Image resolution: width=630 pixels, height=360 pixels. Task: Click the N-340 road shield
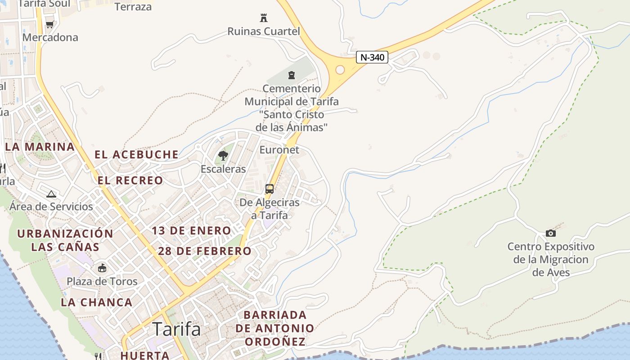click(x=372, y=57)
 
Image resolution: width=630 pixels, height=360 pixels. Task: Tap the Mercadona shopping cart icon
click(x=49, y=24)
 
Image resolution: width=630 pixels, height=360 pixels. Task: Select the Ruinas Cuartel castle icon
click(x=264, y=18)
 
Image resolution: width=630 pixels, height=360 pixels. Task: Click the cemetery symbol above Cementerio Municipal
click(x=292, y=75)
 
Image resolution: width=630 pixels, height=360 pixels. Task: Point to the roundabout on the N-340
click(x=340, y=70)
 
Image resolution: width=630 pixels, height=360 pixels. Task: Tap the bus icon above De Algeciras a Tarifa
click(x=269, y=189)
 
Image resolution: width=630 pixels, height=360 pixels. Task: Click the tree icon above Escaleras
click(x=223, y=156)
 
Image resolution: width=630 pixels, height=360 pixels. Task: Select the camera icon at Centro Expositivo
click(x=550, y=233)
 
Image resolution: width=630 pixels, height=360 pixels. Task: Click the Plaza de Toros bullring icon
click(x=102, y=268)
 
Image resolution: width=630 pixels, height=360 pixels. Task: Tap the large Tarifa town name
click(x=176, y=329)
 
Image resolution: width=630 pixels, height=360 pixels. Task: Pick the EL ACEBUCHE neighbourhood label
click(x=136, y=154)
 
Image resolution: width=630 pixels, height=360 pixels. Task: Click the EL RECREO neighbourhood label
click(x=130, y=180)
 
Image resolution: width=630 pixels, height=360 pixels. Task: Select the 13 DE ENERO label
click(x=191, y=231)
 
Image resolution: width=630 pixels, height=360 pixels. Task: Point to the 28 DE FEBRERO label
click(x=205, y=251)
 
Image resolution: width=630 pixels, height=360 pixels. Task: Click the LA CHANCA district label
click(x=97, y=302)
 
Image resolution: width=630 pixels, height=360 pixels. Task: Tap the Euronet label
click(x=279, y=150)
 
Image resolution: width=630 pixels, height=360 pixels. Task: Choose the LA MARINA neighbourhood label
click(x=40, y=147)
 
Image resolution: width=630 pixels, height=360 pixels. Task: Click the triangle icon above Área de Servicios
click(x=51, y=194)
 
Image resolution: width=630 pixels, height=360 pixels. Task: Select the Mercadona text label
click(x=50, y=37)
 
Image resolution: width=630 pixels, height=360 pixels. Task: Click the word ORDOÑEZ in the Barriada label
click(x=275, y=342)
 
